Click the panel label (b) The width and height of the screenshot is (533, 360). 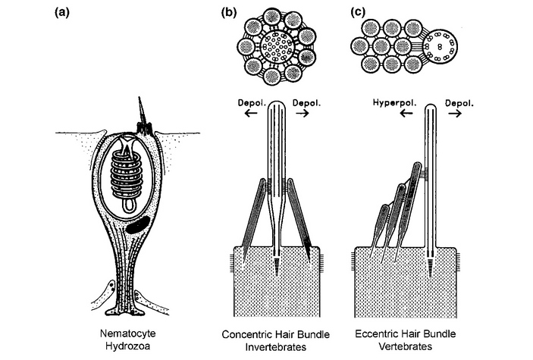(x=227, y=13)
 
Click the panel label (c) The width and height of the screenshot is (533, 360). (x=351, y=13)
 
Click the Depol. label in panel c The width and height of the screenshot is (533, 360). (x=464, y=100)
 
